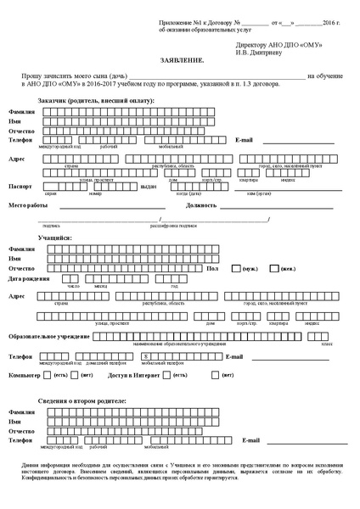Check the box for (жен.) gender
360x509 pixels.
(x=274, y=268)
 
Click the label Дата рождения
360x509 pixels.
(x=29, y=278)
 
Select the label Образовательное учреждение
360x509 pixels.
(x=49, y=336)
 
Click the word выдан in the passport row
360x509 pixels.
(x=149, y=186)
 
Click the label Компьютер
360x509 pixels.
(x=25, y=374)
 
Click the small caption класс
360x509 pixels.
(x=326, y=344)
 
